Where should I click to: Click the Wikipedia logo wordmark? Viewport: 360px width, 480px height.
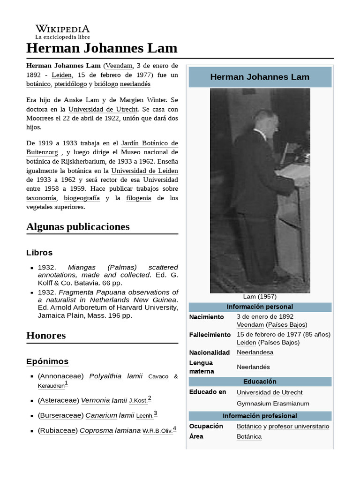tap(62, 29)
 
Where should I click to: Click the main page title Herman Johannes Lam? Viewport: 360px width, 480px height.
tap(102, 48)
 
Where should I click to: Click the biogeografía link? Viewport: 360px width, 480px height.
tap(82, 198)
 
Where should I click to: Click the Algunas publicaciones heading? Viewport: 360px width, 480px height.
tap(78, 227)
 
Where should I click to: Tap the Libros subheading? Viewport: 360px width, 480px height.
tap(39, 253)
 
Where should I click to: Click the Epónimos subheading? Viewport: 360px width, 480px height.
tap(47, 361)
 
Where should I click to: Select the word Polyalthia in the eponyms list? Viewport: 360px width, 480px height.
tap(105, 376)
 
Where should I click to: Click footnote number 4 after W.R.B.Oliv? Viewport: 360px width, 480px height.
tap(174, 428)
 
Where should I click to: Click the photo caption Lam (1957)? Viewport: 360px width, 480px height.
tap(260, 297)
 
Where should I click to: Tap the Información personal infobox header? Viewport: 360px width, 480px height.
tap(260, 307)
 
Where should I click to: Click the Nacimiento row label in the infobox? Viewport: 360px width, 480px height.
tap(207, 317)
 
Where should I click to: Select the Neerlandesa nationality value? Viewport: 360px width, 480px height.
tap(255, 352)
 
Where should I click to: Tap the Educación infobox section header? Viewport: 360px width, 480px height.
tap(260, 382)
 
